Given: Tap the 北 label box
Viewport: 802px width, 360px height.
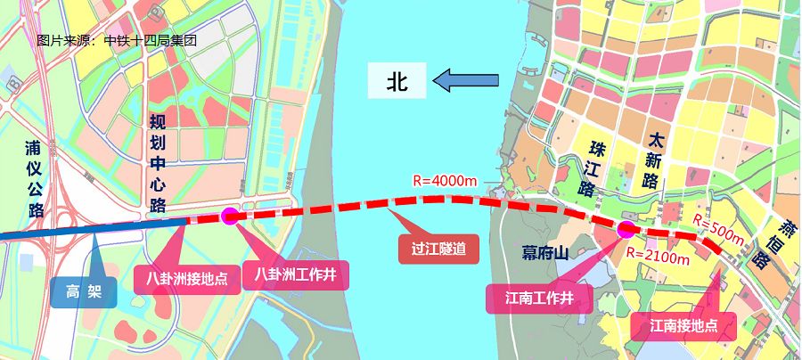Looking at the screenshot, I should tap(397, 82).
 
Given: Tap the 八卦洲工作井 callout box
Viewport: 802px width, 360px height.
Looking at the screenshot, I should tap(296, 273).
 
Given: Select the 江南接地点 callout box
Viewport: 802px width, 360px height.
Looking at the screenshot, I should tap(683, 325).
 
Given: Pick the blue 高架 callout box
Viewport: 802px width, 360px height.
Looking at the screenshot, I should tap(83, 290).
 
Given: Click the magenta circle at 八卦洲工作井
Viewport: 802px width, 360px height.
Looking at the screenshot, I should tap(229, 215).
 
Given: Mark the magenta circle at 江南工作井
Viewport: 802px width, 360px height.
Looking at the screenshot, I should tap(626, 230).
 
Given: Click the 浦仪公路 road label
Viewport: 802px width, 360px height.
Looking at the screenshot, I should tap(35, 178).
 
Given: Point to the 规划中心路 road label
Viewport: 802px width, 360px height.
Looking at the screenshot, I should tap(158, 164).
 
